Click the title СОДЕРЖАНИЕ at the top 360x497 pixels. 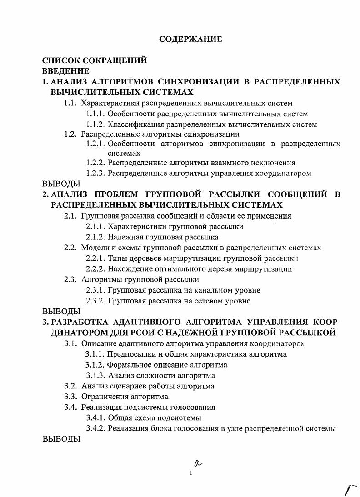[190, 39]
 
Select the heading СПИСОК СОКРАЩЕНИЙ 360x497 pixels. [95, 60]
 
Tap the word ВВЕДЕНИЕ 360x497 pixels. [65, 71]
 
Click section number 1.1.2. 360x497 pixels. [95, 124]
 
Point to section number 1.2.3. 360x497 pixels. [95, 173]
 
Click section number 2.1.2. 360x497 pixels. [95, 237]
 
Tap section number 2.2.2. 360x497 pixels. [95, 269]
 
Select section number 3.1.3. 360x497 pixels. [96, 376]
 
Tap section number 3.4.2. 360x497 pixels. [95, 428]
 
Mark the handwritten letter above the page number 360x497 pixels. [197, 463]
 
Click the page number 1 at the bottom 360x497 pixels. [191, 473]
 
